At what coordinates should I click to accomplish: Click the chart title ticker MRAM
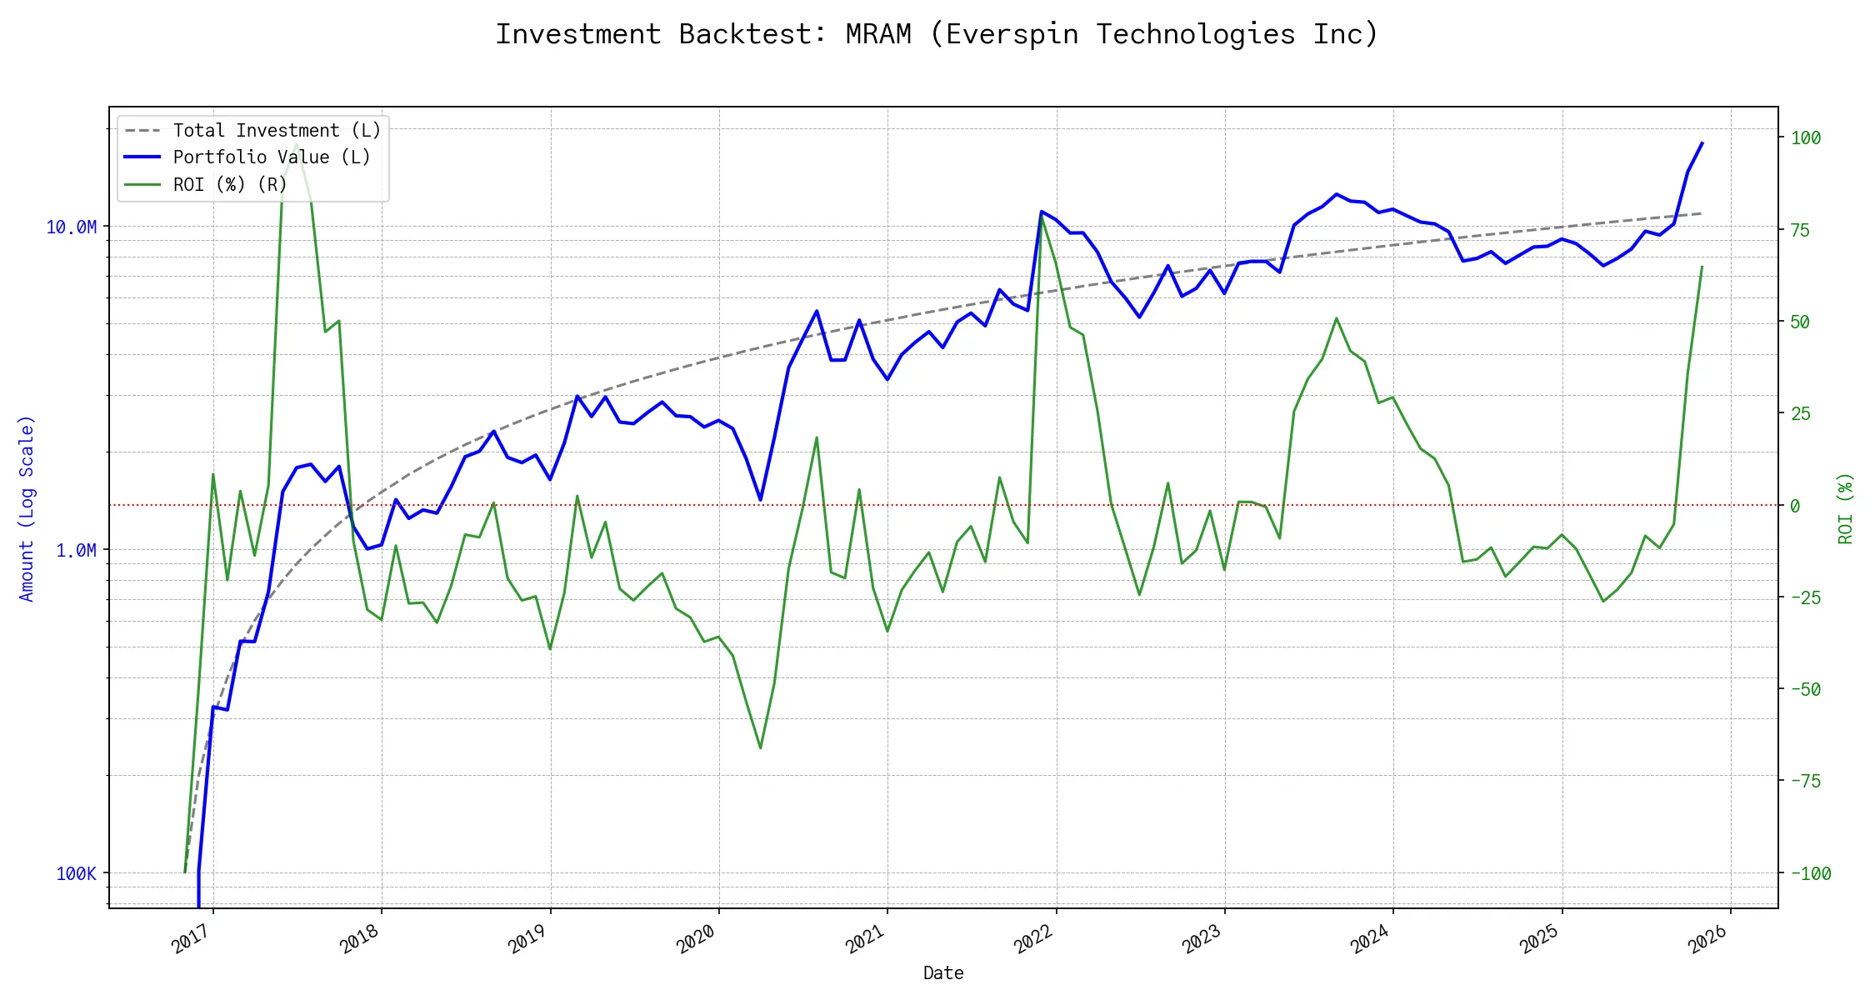[877, 34]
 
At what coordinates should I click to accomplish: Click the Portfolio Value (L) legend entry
[272, 157]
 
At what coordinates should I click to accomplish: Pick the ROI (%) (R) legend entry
[230, 184]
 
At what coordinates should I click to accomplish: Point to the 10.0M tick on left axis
[72, 227]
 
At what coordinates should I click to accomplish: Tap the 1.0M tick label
[76, 550]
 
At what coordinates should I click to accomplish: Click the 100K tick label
[76, 873]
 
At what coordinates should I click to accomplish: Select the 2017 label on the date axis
[191, 939]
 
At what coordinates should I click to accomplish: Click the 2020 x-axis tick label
[696, 939]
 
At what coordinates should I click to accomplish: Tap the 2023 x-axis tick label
[1202, 939]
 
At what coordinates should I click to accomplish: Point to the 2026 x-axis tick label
[1707, 939]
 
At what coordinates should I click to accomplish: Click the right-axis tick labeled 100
[1806, 138]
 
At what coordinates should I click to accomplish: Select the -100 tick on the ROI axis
[1811, 873]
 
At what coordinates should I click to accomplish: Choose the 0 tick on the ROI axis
[1795, 506]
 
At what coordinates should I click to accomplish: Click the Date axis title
[943, 972]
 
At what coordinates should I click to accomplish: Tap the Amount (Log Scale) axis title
[27, 508]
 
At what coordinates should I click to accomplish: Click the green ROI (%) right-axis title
[1845, 508]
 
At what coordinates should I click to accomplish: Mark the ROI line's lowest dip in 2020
[760, 747]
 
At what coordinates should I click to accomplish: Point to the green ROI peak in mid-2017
[297, 144]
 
